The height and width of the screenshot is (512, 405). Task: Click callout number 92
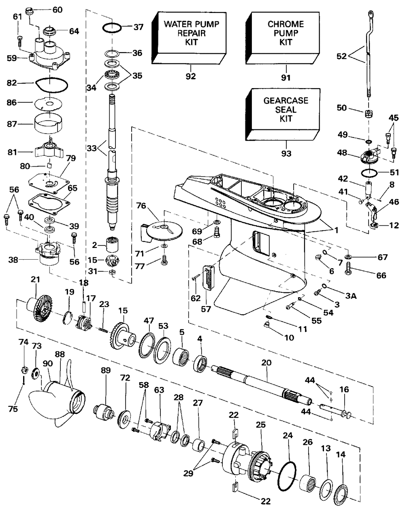click(191, 76)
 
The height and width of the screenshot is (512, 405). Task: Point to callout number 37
click(139, 27)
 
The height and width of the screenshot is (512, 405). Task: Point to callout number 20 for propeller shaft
click(267, 364)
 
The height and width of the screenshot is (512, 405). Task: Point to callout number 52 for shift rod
click(342, 56)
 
